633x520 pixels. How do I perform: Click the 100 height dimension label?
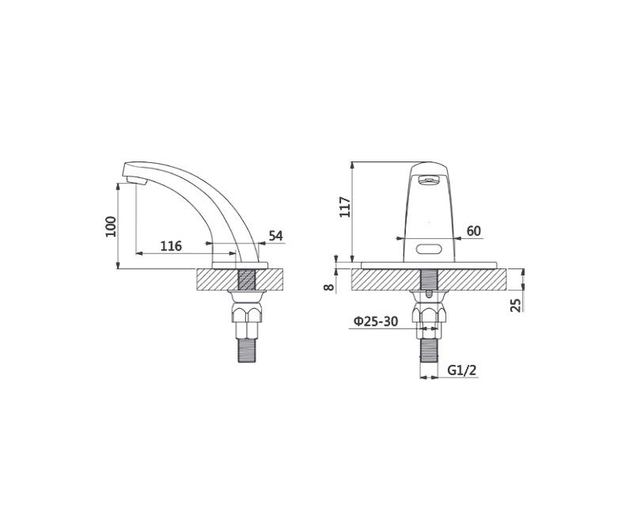click(111, 226)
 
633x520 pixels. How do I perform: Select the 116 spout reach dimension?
click(171, 245)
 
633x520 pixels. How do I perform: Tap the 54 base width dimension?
click(275, 236)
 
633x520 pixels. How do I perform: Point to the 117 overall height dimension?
click(345, 207)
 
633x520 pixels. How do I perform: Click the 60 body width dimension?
click(473, 231)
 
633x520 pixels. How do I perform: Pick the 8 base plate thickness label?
click(329, 287)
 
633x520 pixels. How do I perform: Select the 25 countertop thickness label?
click(516, 305)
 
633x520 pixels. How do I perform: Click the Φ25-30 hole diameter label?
click(376, 321)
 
